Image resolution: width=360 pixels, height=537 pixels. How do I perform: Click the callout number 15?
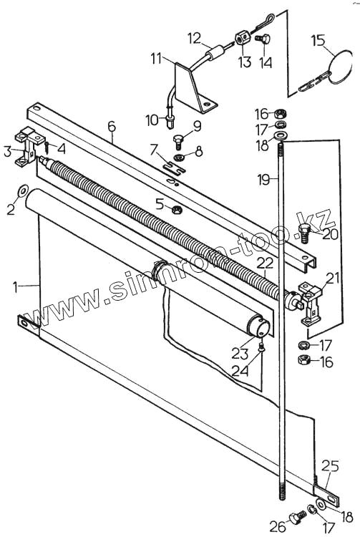tap(318, 40)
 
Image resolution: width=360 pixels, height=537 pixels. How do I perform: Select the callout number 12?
tap(195, 38)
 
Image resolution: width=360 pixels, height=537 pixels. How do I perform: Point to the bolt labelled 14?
tap(263, 39)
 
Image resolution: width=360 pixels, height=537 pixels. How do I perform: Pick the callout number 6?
tap(112, 126)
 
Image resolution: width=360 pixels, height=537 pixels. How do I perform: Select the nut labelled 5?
tap(177, 208)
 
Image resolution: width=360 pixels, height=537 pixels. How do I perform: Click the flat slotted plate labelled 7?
tap(173, 166)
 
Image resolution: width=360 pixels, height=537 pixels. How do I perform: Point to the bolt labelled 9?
tap(178, 140)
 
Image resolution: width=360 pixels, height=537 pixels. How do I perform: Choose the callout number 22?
tap(265, 263)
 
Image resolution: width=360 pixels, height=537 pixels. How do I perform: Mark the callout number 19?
tap(264, 179)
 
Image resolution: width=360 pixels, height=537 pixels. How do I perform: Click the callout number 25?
tap(330, 466)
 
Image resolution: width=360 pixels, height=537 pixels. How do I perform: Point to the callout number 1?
tap(15, 287)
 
